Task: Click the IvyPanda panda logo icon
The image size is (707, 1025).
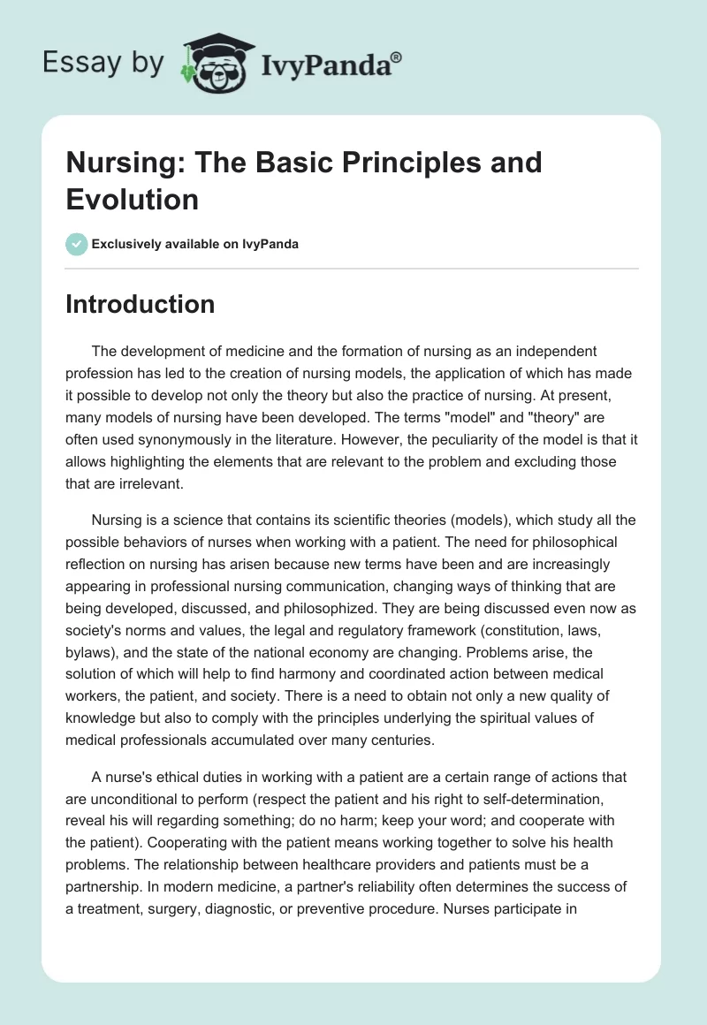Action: (213, 63)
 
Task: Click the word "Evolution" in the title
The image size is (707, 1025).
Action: (132, 199)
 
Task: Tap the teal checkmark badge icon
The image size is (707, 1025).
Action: (77, 244)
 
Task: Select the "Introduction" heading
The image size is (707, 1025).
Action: (140, 304)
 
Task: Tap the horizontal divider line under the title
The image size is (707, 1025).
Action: (352, 268)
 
